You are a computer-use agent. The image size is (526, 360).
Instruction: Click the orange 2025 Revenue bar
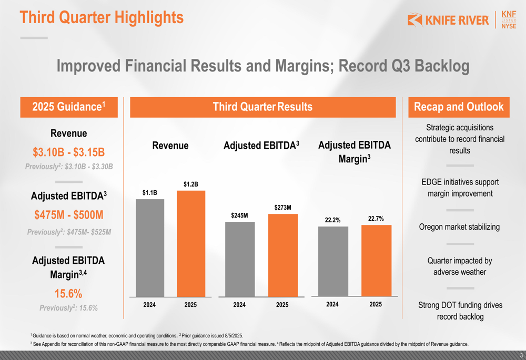(x=191, y=244)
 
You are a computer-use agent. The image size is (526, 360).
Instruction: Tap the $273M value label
(x=282, y=208)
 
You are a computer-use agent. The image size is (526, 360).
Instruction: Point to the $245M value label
(x=239, y=215)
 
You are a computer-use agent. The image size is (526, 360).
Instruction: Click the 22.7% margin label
(x=376, y=219)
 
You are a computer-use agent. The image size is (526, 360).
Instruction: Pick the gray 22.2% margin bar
(x=333, y=261)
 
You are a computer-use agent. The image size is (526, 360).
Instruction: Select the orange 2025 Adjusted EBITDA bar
(x=282, y=255)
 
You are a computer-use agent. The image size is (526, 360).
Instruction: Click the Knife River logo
(x=449, y=20)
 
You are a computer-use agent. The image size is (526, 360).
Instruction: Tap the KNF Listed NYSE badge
(x=509, y=20)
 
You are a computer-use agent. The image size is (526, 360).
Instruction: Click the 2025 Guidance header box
(x=69, y=107)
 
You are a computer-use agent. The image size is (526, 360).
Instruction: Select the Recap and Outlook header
(x=459, y=107)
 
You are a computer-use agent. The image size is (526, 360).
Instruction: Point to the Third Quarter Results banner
(x=262, y=107)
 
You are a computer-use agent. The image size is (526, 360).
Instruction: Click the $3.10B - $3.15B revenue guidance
(x=69, y=152)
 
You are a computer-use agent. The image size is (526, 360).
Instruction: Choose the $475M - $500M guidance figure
(x=69, y=215)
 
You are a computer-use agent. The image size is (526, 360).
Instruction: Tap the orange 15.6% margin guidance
(x=68, y=293)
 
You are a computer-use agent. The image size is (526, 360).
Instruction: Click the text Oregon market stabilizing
(x=459, y=227)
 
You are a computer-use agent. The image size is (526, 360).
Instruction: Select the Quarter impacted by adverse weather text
(x=459, y=266)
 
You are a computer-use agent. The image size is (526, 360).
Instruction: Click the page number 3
(x=521, y=355)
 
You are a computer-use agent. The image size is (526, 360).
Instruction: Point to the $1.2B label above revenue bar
(x=190, y=184)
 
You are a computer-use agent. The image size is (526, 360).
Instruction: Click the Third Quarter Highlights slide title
(x=102, y=17)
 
